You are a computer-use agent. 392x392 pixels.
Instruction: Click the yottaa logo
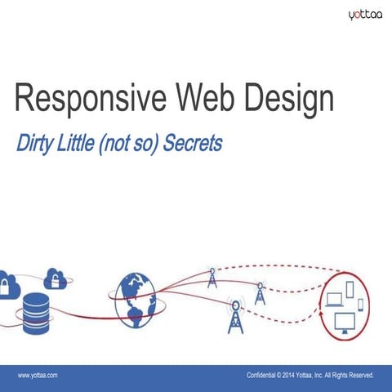(365, 14)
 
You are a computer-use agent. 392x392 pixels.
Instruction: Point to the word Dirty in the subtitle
(34, 144)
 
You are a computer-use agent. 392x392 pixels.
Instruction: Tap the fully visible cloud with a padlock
(56, 278)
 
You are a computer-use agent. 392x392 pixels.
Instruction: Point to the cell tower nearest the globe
(212, 277)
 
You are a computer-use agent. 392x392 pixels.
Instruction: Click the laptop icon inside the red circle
(334, 300)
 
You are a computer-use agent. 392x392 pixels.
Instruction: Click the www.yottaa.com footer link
(38, 375)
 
